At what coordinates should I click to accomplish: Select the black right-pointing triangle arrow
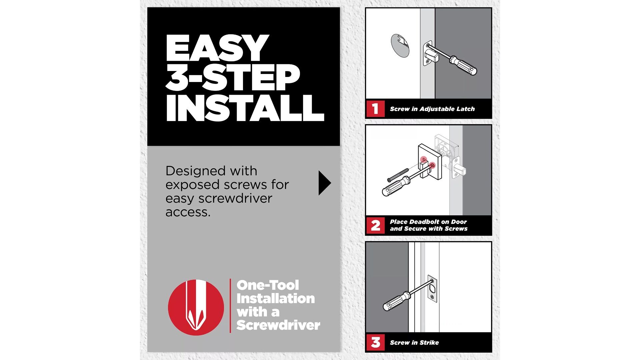[x=324, y=183]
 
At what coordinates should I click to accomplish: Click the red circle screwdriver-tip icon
[x=196, y=307]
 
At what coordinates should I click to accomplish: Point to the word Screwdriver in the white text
[x=278, y=325]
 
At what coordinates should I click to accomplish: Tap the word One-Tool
[x=268, y=285]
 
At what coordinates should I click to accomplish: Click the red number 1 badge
[x=375, y=109]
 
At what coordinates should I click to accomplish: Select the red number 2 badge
[x=375, y=225]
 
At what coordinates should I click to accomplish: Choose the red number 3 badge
[x=375, y=342]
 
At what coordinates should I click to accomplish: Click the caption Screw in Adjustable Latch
[x=432, y=109]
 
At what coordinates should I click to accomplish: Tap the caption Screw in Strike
[x=414, y=343]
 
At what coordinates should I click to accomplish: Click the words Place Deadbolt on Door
[x=428, y=222]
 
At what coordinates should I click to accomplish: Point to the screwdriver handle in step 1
[x=464, y=66]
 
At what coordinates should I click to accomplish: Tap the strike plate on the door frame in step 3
[x=432, y=289]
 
